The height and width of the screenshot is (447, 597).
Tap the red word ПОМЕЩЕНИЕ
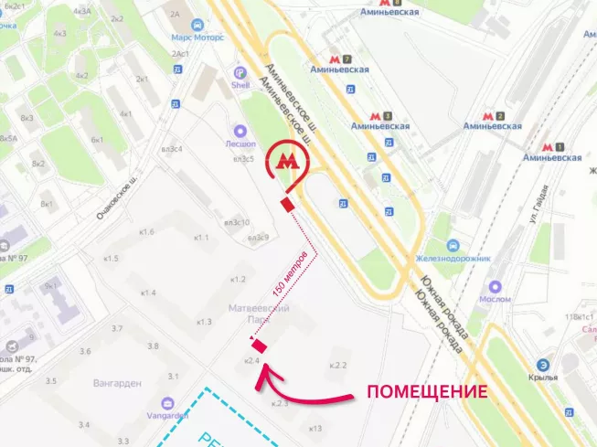[x=426, y=392]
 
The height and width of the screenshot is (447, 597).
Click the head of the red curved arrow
[x=266, y=376]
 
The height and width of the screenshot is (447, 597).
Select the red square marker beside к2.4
[x=259, y=345]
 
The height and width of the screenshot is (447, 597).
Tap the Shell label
[x=240, y=85]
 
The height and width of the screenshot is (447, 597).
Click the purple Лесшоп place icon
[x=240, y=131]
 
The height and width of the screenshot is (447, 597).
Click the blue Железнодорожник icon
[x=453, y=247]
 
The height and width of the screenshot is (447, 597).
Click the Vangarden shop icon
[x=167, y=402]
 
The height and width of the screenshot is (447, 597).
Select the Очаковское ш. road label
[x=117, y=197]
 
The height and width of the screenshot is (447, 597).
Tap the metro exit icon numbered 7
[x=347, y=59]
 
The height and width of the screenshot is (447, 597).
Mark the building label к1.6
[x=147, y=232]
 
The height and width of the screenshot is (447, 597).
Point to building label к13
[x=315, y=428]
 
